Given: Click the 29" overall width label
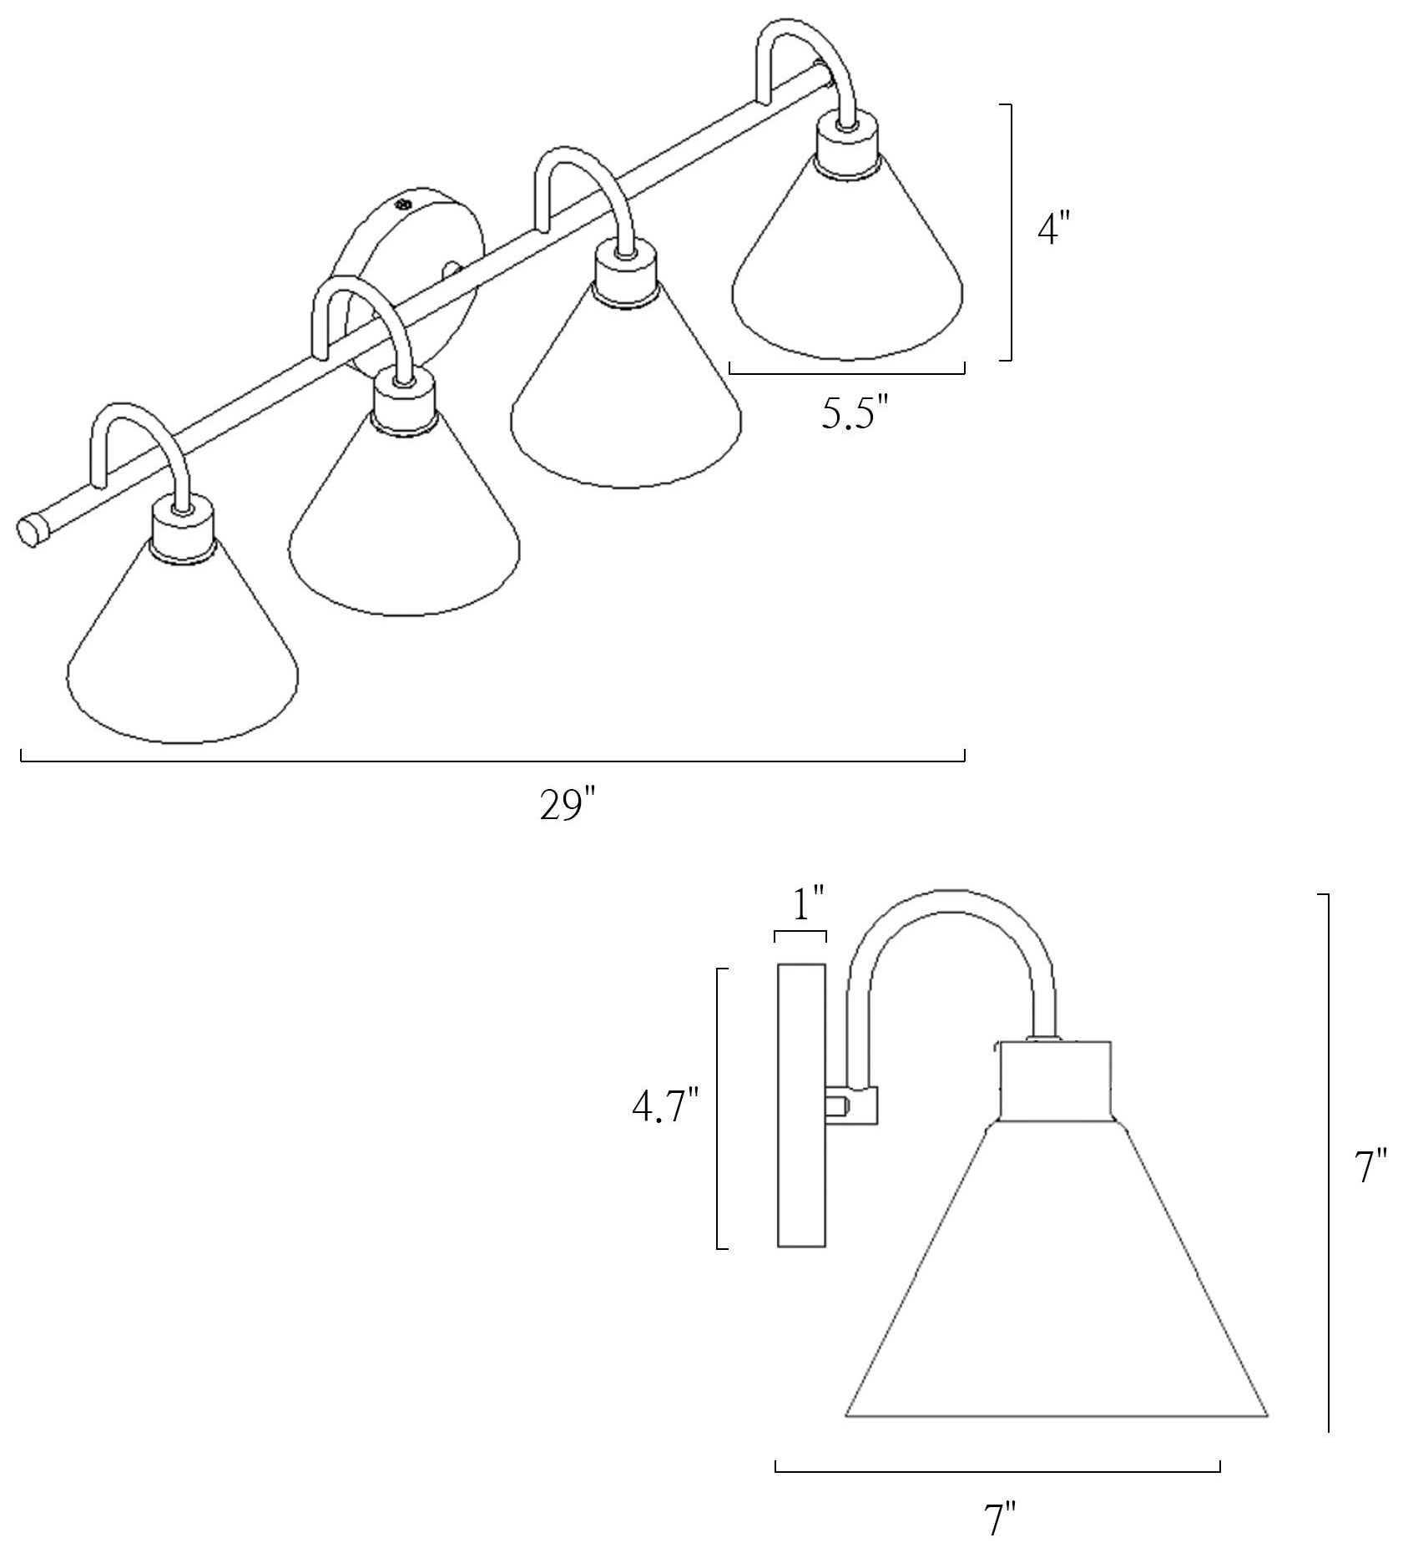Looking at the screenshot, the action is coord(568,805).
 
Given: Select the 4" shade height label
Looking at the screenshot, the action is coord(1052,227).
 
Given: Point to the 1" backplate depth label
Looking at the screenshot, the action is coord(808,903).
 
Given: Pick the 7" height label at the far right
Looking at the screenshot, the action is coord(1370,1166).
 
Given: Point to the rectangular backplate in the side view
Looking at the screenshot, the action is coord(801,1105).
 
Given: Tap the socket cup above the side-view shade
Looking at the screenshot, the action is coord(1056,1080).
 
